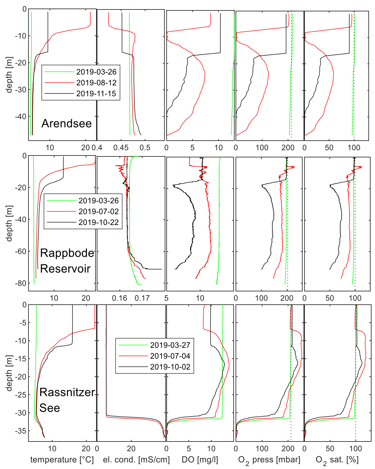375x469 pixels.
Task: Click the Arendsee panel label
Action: [x=66, y=123]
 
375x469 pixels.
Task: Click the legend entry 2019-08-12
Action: [x=96, y=83]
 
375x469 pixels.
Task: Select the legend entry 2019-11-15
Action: [x=96, y=94]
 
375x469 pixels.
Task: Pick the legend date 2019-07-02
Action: [x=98, y=211]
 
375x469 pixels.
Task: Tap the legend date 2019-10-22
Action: [x=98, y=222]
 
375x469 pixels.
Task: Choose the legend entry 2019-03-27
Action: [x=170, y=345]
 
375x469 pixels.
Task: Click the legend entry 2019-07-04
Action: [x=170, y=356]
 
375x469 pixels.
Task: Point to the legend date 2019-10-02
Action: [x=170, y=367]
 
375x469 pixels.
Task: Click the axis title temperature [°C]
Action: [x=62, y=460]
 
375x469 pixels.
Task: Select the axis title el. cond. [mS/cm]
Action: [x=136, y=460]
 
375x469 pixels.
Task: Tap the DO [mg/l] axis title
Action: [x=200, y=460]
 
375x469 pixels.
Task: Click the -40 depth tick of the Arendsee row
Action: [x=20, y=117]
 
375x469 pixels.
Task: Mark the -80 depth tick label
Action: [x=20, y=283]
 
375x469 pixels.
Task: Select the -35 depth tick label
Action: [x=20, y=431]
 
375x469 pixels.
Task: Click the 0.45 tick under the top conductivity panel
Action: [x=121, y=148]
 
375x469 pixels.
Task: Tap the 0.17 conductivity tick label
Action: [x=142, y=298]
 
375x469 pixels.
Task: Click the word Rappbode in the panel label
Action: [x=67, y=253]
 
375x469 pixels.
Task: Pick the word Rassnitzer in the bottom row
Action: [x=67, y=392]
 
